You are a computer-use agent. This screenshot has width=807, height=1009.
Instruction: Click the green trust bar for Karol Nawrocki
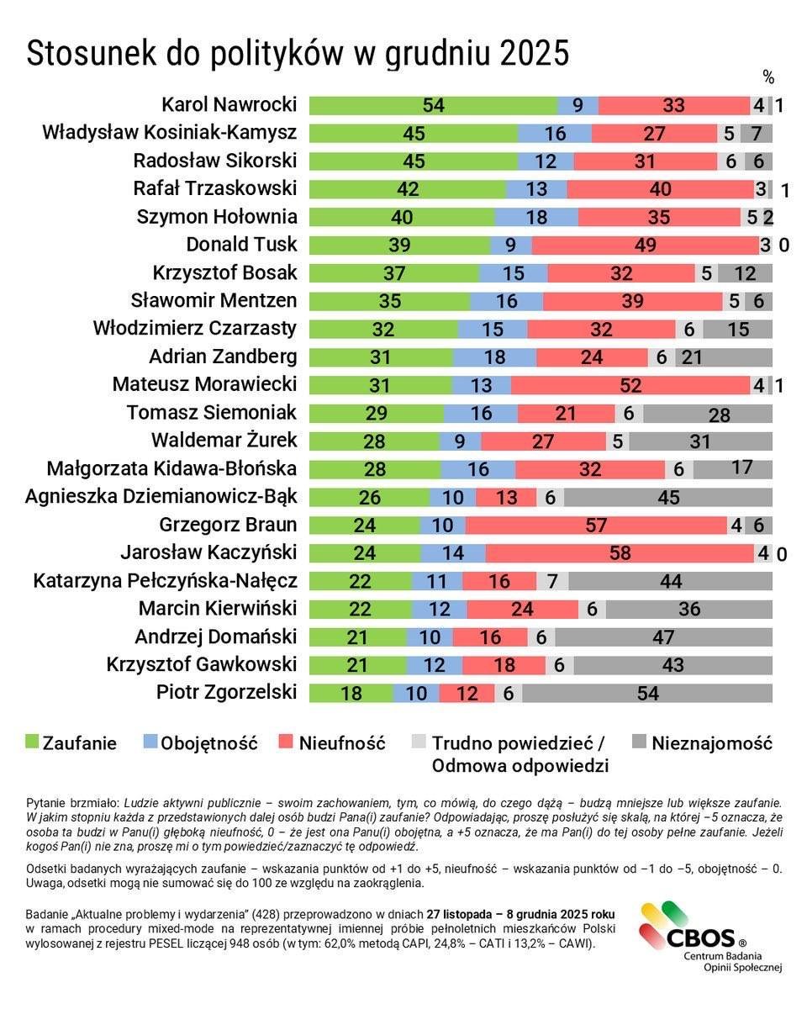pos(433,105)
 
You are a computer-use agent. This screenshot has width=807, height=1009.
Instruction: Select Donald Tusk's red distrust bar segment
pos(645,245)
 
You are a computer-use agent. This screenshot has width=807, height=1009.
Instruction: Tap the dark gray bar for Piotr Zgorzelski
pos(647,693)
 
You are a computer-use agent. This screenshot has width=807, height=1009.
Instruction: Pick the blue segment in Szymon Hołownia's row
pos(535,217)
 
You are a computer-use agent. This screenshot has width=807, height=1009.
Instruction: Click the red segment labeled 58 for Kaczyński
pos(620,553)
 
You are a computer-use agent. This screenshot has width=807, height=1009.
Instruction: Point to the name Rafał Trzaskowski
pos(215,189)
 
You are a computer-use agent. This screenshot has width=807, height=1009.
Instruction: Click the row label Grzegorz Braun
pos(228,526)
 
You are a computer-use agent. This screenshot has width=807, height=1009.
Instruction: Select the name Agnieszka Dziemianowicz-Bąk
pos(161,497)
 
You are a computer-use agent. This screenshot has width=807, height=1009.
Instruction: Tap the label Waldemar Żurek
pos(224,441)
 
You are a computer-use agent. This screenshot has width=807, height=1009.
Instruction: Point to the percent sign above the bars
pos(767,77)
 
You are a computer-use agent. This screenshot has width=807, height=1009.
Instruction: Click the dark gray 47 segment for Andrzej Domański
pos(662,637)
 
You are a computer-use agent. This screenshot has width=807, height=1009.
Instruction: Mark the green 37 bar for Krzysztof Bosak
pos(393,273)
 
